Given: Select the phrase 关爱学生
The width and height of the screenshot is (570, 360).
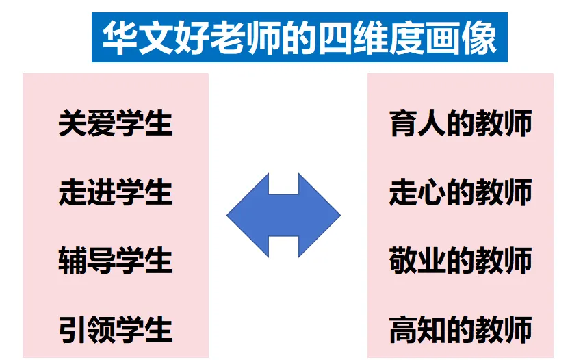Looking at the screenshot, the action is (x=115, y=124).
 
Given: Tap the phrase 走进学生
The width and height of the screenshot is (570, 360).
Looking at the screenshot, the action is (x=115, y=192).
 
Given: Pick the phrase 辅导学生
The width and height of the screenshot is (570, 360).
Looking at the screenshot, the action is (x=115, y=261).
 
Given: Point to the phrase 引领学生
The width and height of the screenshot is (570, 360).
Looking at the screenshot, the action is (x=115, y=329).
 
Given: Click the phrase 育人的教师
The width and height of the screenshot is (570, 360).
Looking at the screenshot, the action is (x=460, y=124).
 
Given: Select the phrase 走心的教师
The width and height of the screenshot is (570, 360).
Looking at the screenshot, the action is (x=460, y=192).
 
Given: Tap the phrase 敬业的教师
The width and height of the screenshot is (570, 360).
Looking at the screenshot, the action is (x=460, y=261).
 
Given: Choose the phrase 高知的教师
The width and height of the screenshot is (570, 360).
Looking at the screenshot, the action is (x=460, y=329).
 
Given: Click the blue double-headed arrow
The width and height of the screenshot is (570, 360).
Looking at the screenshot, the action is (x=283, y=215).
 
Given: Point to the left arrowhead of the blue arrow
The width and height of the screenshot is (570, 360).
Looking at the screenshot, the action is (x=243, y=215).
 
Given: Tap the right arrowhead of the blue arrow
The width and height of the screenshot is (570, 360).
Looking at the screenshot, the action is (x=324, y=215).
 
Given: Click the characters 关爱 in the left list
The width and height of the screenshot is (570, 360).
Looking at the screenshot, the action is (x=86, y=124).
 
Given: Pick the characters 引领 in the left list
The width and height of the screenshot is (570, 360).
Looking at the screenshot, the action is (x=86, y=329).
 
